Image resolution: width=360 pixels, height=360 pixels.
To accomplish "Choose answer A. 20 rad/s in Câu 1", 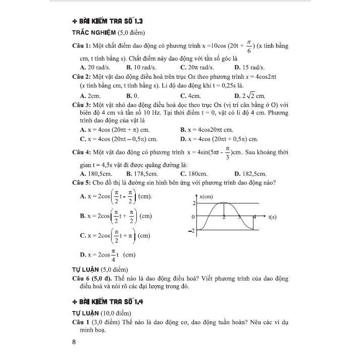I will [x=95, y=67].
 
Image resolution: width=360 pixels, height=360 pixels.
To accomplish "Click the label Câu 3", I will [x=82, y=105].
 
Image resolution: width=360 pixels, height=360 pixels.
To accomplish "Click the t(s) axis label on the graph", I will [x=272, y=217].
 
